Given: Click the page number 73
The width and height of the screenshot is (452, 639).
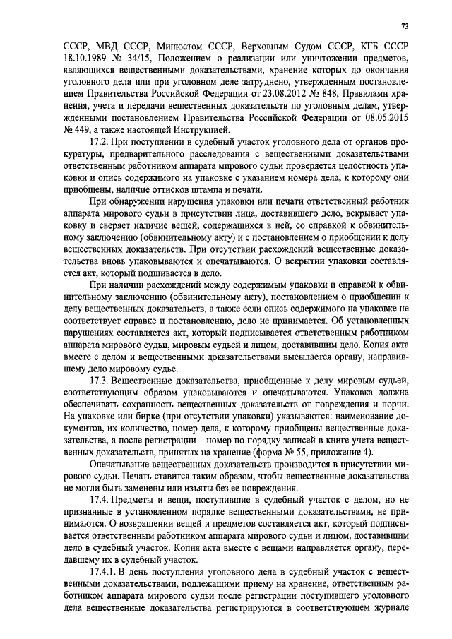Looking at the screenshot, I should click(405, 26).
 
